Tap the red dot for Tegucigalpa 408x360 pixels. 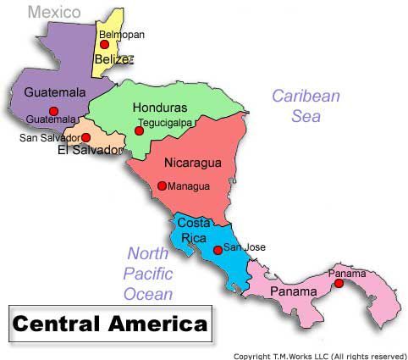coord(139,130)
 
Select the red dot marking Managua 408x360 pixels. coord(162,186)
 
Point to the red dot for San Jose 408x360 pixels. coord(218,249)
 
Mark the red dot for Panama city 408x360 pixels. coord(339,284)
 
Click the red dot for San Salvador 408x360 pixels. coord(85,137)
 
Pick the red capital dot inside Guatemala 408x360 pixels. coord(53,111)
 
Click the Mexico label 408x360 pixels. coord(54,12)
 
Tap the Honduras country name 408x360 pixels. coord(160,108)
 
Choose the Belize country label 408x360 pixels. coord(114,59)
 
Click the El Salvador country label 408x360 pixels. coord(91,151)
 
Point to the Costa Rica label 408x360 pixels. coord(194,230)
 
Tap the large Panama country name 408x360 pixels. coord(293,292)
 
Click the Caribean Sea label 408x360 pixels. coord(306,106)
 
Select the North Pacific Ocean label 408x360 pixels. coord(148,274)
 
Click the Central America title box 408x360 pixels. coord(110,323)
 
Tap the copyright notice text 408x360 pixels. coord(320,356)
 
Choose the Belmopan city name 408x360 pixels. coord(122,35)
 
